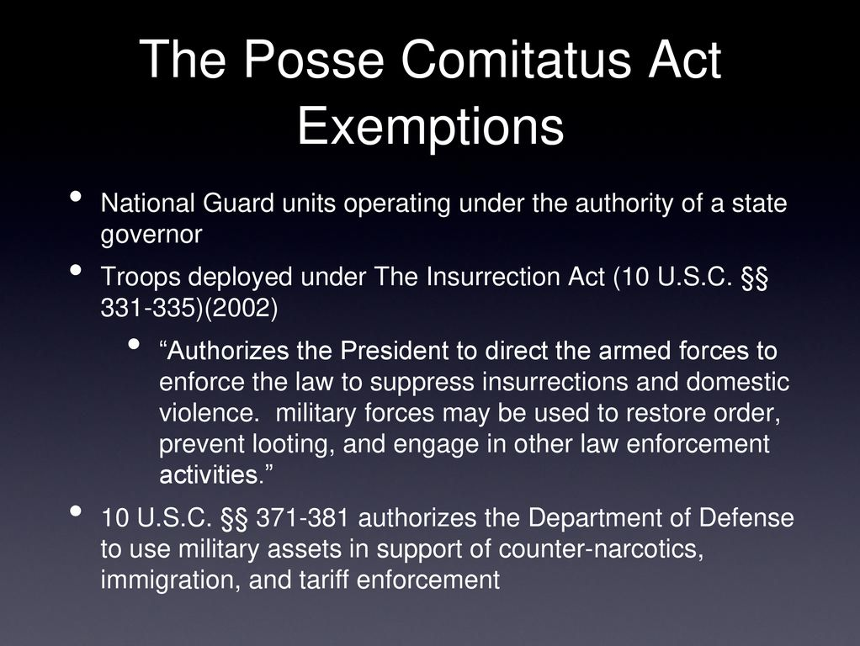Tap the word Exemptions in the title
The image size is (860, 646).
coord(431,127)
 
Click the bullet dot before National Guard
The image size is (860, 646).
coord(76,196)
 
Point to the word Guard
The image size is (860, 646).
coord(239,203)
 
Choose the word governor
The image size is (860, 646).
coord(151,236)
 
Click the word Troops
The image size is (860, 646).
coord(141,278)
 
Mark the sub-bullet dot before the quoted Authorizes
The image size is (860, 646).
coord(133,344)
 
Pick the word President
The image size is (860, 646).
coord(395,351)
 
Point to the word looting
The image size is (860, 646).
coord(294,445)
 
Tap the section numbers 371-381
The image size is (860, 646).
coord(302,517)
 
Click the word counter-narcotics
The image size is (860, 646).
coord(601,549)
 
